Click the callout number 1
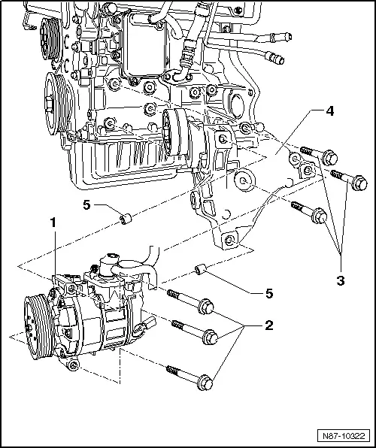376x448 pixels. click(53, 223)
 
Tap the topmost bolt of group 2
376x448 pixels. click(190, 301)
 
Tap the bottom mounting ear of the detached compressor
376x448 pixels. click(73, 365)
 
